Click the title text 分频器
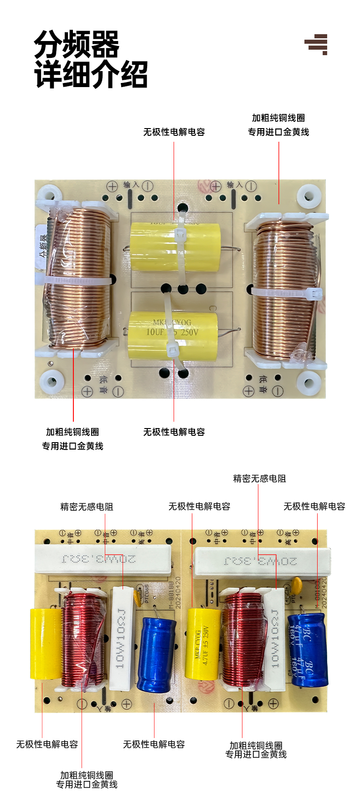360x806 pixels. (76, 44)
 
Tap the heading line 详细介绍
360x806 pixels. (91, 74)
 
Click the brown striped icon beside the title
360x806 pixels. (316, 44)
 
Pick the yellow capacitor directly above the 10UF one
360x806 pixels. (175, 246)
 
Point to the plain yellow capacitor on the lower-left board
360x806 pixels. (46, 644)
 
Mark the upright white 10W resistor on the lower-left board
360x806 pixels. (122, 638)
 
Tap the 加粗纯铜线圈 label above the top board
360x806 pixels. (278, 118)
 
